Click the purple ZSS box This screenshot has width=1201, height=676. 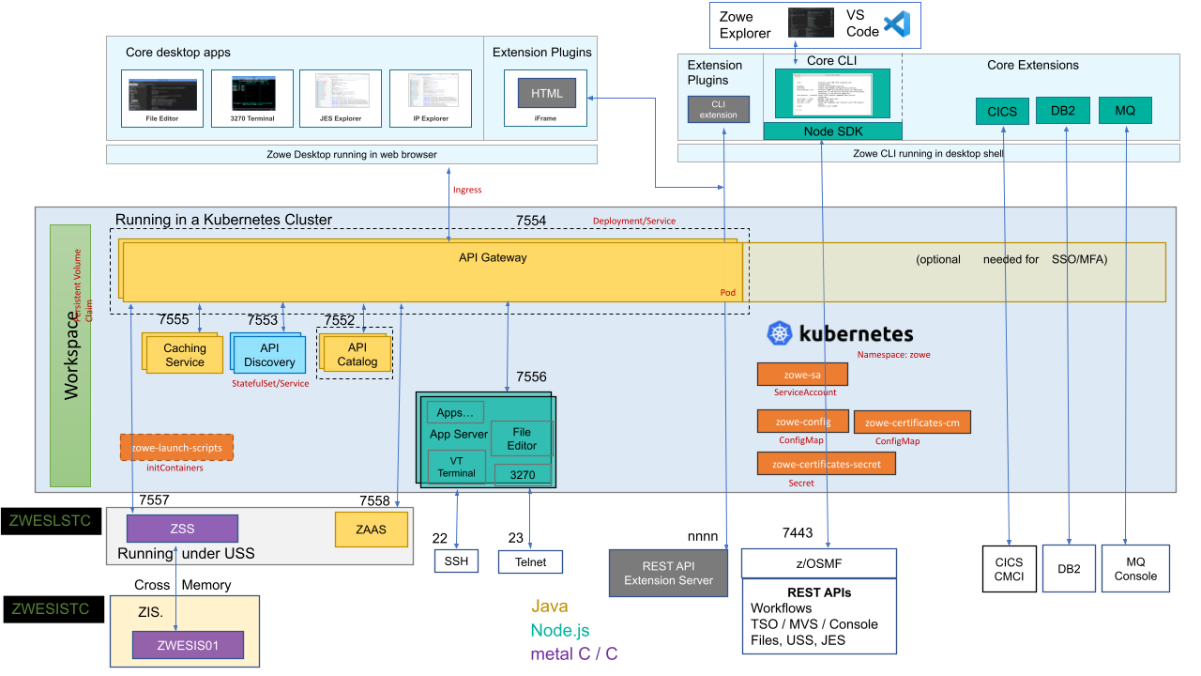point(182,528)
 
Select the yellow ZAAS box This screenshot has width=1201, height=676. point(372,530)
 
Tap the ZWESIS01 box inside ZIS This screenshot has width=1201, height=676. point(188,645)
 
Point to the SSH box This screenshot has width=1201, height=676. point(456,561)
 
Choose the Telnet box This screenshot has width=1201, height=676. point(529,561)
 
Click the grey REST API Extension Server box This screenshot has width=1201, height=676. point(668,573)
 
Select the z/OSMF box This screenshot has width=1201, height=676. point(818,563)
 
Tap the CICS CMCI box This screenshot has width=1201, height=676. point(1009,569)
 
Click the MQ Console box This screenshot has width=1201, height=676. point(1135,569)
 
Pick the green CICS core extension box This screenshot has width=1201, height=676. point(1002,111)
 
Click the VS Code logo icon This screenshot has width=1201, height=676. point(897,24)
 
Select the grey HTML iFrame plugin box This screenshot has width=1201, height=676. point(546,93)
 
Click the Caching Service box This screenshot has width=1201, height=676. point(184,354)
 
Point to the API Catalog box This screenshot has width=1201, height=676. point(357,354)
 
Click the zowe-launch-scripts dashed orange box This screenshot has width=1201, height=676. point(176,448)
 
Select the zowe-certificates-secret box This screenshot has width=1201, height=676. point(826,464)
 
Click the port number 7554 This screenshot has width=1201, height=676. point(531,221)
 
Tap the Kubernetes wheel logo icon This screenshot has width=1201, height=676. point(781,333)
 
